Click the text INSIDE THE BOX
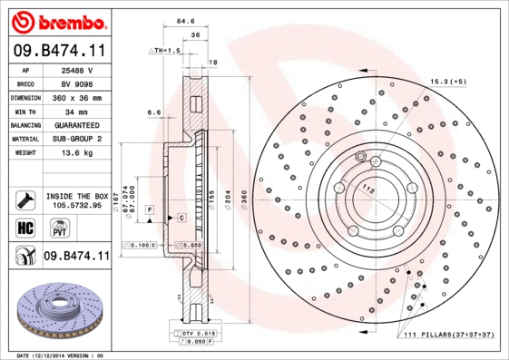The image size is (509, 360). [x=77, y=196]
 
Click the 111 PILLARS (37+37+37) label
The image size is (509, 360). [x=445, y=336]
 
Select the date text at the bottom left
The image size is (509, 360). [x=60, y=355]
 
